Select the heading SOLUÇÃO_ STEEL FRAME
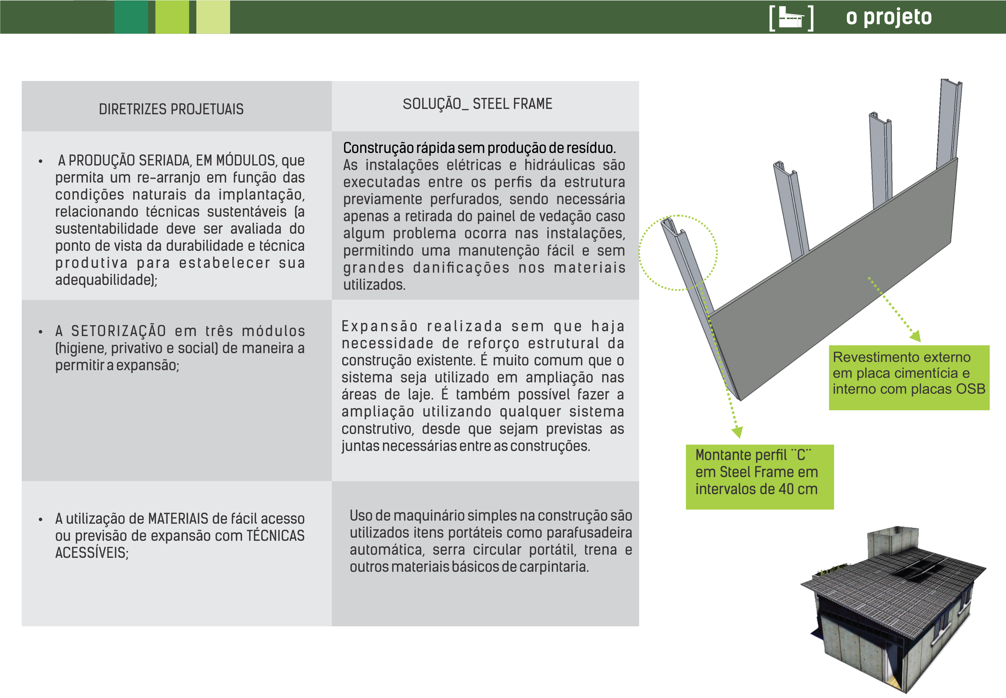pos(477,104)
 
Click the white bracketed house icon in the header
pos(792,18)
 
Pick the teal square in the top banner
pos(131,17)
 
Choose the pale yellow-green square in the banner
pos(213,17)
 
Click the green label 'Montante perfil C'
pos(759,477)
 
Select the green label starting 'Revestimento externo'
pos(909,377)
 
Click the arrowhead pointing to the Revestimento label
pos(915,336)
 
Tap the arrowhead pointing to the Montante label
pos(737,432)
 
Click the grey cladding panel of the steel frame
pos(830,280)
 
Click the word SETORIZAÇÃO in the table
pos(118,331)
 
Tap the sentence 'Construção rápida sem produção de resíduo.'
pos(479,148)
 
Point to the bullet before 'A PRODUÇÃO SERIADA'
pos(41,161)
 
